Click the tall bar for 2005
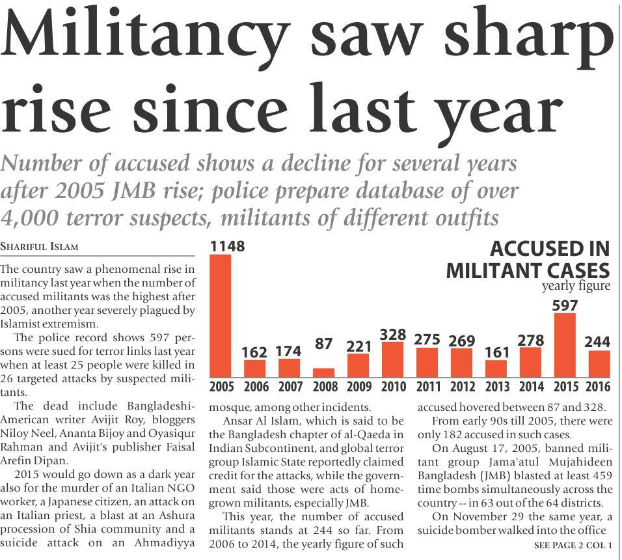pyautogui.click(x=220, y=316)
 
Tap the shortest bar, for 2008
pyautogui.click(x=323, y=373)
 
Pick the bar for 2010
pyautogui.click(x=392, y=359)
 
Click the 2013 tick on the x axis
pyautogui.click(x=496, y=387)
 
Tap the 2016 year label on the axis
pyautogui.click(x=599, y=387)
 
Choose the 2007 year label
pyautogui.click(x=290, y=387)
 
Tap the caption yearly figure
pyautogui.click(x=576, y=285)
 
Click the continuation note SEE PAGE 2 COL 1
pyautogui.click(x=573, y=544)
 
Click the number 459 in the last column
pyautogui.click(x=601, y=475)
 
